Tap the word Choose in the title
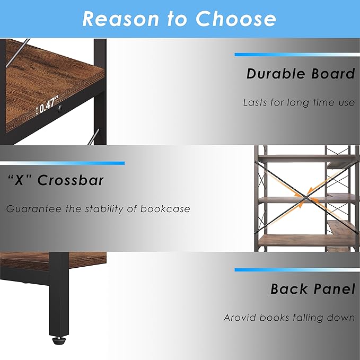click(x=236, y=19)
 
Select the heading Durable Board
click(x=300, y=74)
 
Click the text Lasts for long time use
click(x=298, y=102)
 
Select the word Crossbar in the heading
click(x=71, y=180)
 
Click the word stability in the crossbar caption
click(x=104, y=209)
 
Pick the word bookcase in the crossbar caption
click(x=165, y=209)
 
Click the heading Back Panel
click(x=312, y=289)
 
